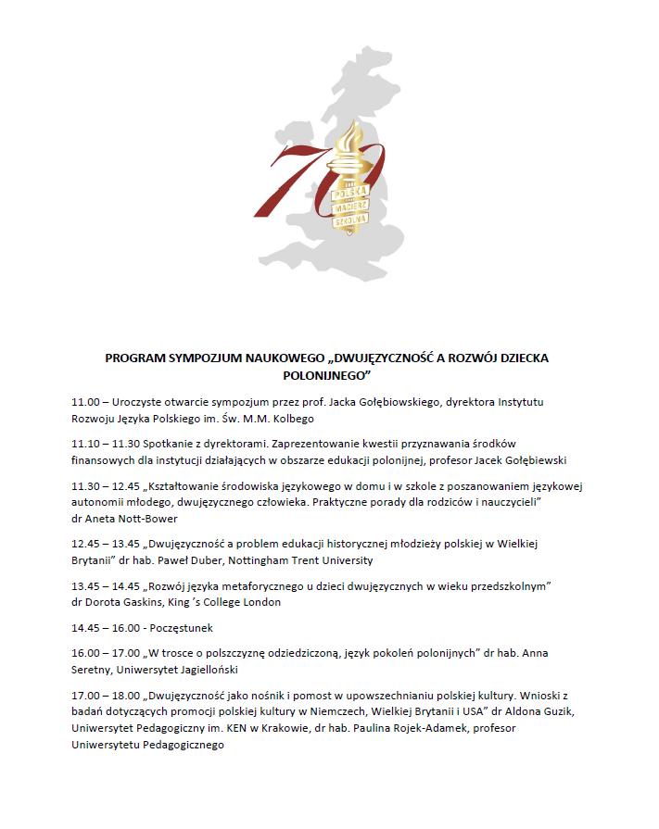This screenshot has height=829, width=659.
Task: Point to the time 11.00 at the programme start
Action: [x=85, y=402]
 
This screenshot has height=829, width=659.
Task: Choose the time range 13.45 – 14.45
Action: [x=108, y=585]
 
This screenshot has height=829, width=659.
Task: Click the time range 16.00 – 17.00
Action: [x=108, y=653]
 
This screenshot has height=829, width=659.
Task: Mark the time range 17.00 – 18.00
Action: [x=108, y=695]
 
